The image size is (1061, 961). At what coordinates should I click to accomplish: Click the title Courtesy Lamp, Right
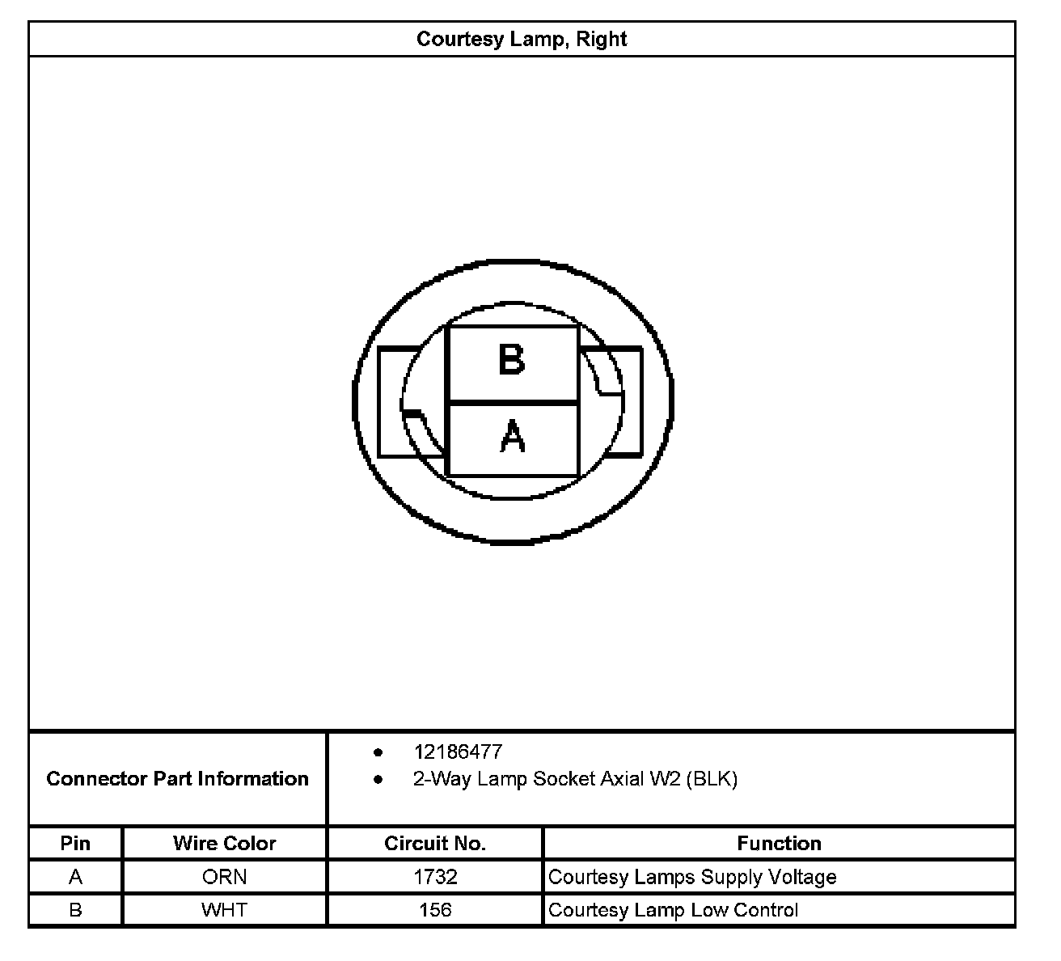(522, 39)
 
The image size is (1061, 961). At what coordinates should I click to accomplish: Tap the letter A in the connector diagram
(513, 438)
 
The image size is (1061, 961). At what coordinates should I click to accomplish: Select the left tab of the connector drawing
(396, 402)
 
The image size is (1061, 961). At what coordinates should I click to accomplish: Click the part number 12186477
(458, 751)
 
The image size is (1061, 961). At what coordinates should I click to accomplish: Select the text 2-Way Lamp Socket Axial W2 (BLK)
(575, 779)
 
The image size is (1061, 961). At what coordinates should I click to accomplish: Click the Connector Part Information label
(178, 779)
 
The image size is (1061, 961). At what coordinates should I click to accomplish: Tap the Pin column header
(75, 843)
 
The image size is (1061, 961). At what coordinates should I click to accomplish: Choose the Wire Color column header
(225, 843)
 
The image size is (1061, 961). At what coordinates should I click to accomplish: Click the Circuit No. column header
(435, 843)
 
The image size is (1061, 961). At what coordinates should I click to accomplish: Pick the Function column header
(779, 843)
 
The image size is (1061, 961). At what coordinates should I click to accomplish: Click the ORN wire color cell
(225, 877)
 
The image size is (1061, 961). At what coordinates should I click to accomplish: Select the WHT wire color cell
(225, 910)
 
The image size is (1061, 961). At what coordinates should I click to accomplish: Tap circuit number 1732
(435, 877)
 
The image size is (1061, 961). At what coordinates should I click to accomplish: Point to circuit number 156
(435, 910)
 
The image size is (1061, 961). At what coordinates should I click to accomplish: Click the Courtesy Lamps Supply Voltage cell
(692, 877)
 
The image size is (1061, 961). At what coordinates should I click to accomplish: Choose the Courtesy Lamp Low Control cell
(673, 910)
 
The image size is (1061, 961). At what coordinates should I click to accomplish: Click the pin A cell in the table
(75, 877)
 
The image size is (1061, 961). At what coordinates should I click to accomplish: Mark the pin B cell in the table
(75, 910)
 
